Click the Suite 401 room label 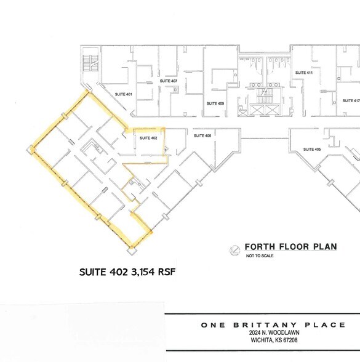(124, 94)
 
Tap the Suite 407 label (170, 81)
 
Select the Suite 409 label (215, 103)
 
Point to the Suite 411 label (304, 73)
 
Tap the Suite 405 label (313, 150)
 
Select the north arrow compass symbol (234, 249)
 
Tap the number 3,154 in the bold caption (139, 271)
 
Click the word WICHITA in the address (263, 340)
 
